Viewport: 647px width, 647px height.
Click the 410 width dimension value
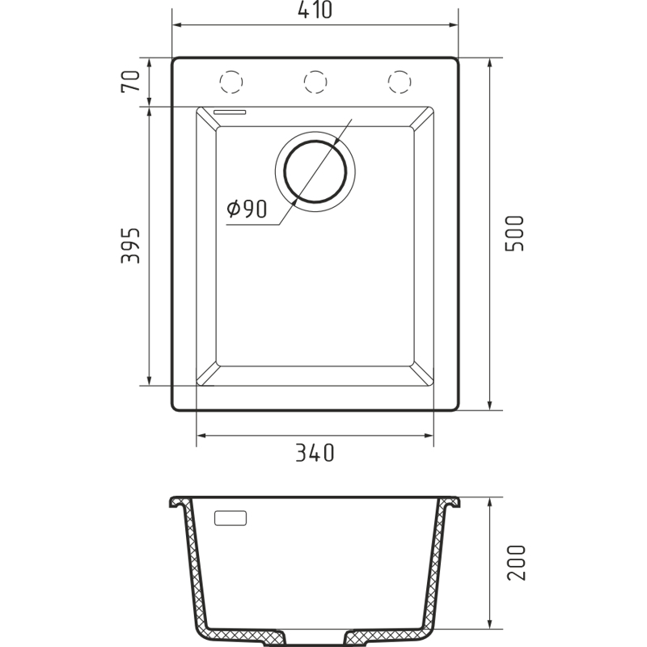coord(315,10)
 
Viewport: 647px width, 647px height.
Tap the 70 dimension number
coord(131,82)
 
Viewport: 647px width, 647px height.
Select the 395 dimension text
coord(130,246)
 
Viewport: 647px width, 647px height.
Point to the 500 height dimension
coord(514,234)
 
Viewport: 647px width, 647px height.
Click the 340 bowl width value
coord(315,453)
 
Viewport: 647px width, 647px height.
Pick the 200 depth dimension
coord(516,563)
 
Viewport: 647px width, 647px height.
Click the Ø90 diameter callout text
coord(247,209)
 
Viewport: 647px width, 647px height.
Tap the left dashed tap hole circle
coord(231,82)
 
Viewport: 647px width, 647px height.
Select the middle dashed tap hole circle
coord(315,82)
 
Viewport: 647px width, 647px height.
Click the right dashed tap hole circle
coord(400,82)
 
